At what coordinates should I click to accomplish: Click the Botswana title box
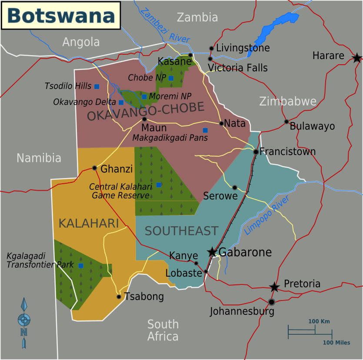point(61,15)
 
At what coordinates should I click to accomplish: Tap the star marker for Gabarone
point(212,252)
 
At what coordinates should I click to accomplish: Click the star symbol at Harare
point(356,57)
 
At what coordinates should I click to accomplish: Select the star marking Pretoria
point(274,287)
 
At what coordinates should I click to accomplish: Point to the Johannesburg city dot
point(272,302)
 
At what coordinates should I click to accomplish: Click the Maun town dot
point(144,119)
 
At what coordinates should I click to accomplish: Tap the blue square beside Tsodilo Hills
point(97,86)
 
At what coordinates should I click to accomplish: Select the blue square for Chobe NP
point(171,78)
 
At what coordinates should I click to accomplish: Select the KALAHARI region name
point(89,224)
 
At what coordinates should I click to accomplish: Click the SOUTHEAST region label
point(181,231)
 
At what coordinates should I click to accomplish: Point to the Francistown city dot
point(256,152)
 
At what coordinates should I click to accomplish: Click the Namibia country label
point(39,158)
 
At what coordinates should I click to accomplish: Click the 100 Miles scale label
point(336,343)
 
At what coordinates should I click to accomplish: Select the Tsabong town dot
point(119,297)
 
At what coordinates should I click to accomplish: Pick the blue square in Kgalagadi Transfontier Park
point(81,265)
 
